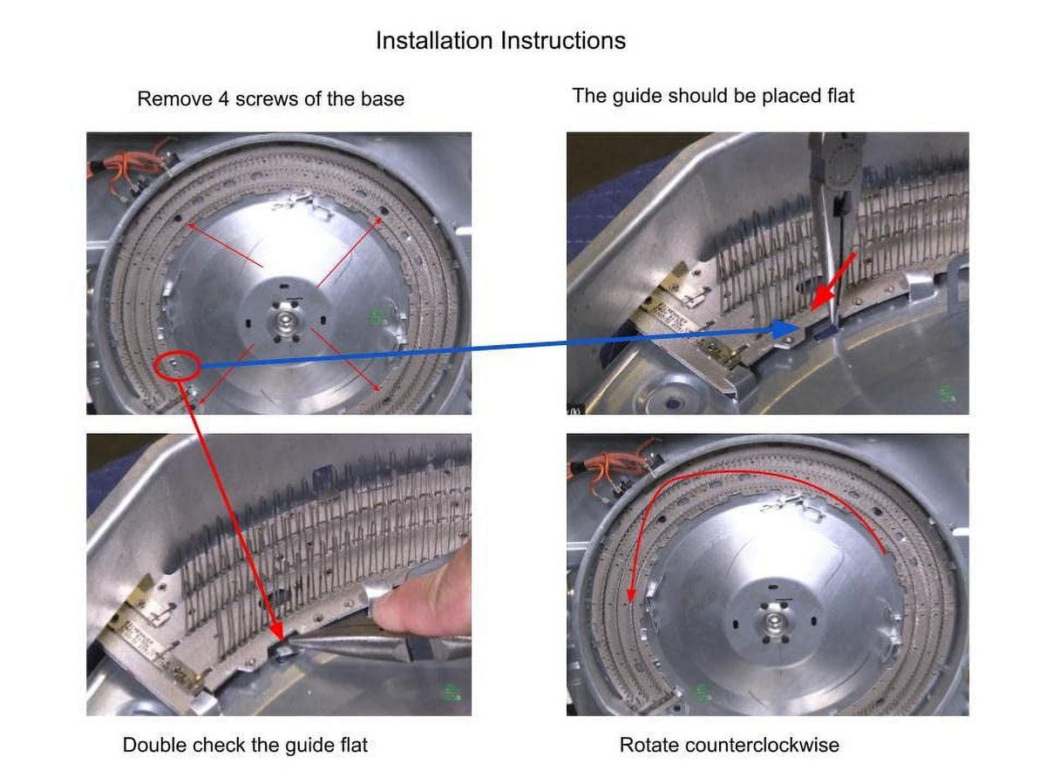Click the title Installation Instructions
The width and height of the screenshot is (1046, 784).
[x=500, y=40]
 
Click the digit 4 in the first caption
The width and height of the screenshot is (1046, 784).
[x=223, y=99]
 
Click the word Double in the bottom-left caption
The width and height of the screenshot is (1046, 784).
[x=153, y=745]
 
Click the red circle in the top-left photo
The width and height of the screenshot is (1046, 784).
[x=177, y=366]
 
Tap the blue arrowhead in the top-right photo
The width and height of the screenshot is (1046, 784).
[x=785, y=329]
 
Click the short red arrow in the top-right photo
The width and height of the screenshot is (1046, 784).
[x=833, y=280]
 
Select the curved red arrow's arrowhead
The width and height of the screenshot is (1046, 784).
[x=631, y=595]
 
